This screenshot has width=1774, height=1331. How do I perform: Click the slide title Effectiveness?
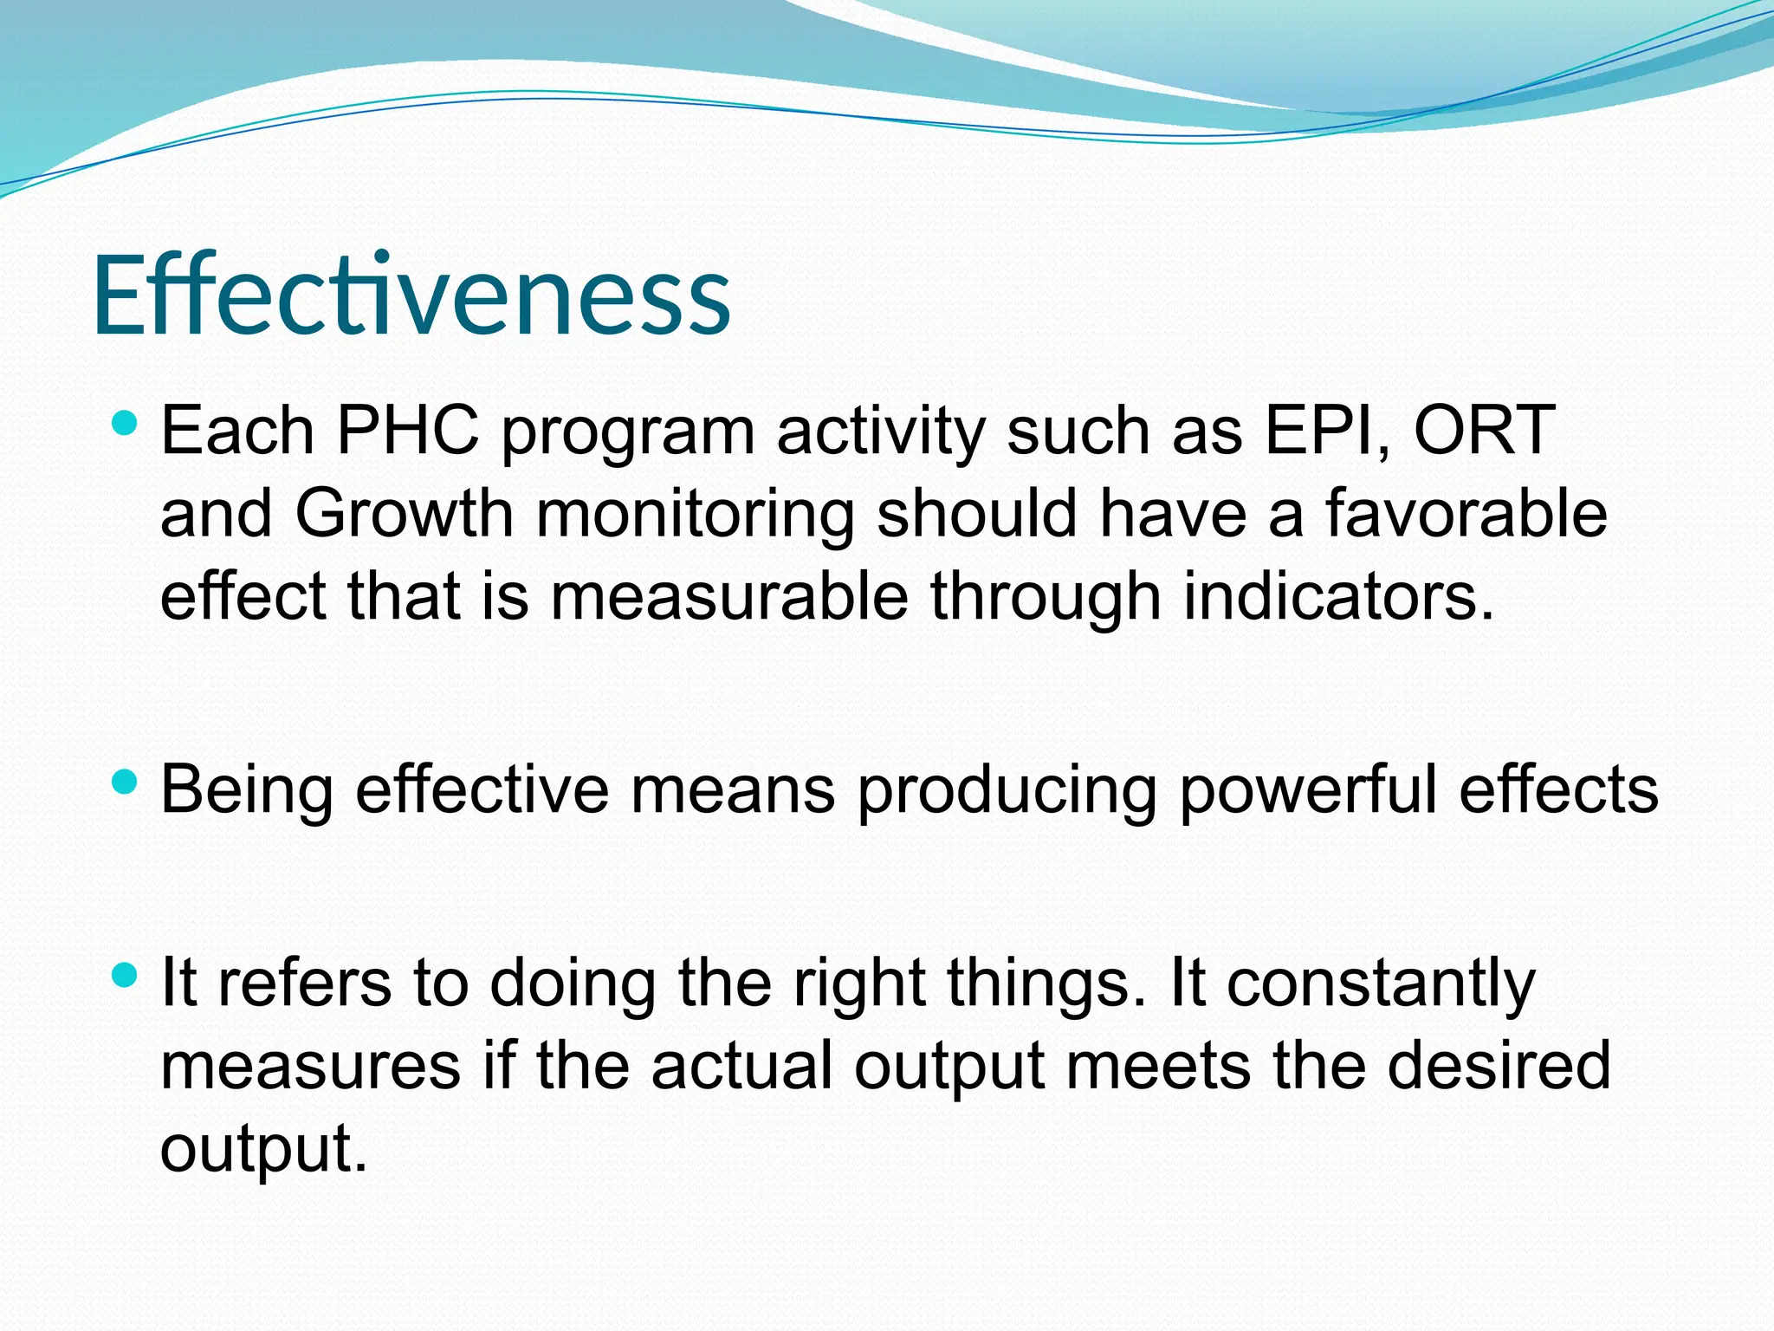click(411, 295)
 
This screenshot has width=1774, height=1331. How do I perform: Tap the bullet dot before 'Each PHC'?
click(126, 423)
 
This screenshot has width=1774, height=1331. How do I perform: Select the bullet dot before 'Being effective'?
click(126, 782)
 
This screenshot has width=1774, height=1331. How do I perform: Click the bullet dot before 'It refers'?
click(126, 976)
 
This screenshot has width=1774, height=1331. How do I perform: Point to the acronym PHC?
click(407, 430)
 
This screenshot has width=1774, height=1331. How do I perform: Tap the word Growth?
click(405, 513)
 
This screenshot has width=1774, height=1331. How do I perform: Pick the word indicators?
click(1338, 596)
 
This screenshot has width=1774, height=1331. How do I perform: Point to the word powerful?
click(1308, 790)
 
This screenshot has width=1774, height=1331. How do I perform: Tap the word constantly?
click(1381, 984)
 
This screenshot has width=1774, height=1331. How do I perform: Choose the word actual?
click(741, 1066)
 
